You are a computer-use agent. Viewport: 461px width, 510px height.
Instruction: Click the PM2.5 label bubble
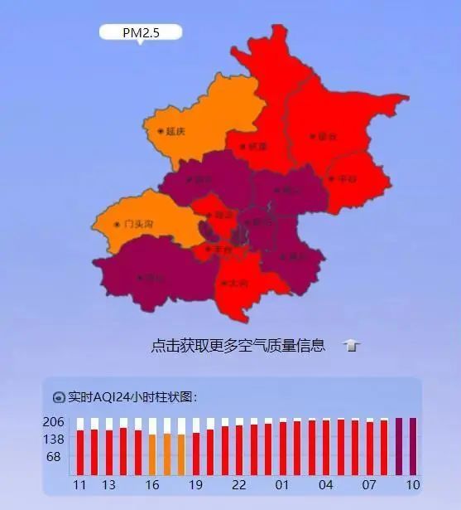point(140,32)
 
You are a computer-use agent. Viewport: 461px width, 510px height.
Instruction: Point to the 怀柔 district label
point(256,146)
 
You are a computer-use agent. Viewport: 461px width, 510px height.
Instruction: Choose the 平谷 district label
point(343,178)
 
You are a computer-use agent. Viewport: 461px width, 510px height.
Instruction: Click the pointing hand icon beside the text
point(352,346)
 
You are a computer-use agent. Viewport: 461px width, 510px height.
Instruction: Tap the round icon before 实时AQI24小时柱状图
point(59,397)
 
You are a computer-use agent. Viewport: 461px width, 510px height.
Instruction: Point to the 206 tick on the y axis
point(55,421)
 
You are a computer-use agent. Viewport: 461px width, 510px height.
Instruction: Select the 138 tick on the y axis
point(55,439)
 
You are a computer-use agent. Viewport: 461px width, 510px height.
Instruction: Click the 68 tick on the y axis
point(54,456)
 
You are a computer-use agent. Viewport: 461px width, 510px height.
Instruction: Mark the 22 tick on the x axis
point(239,485)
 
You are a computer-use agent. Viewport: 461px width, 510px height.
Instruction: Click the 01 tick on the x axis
point(282,485)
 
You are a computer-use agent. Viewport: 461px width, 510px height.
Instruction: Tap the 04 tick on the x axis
point(326,485)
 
